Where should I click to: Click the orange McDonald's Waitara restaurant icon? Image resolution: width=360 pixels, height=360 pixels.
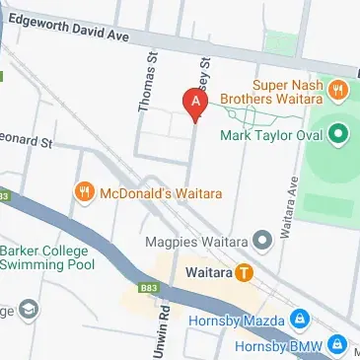pos(84,190)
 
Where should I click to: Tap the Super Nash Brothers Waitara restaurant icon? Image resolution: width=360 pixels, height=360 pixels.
pos(338,91)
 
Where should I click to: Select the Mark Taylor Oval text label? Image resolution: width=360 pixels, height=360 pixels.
pos(273,134)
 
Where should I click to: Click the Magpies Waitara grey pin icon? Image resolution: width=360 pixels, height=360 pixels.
pos(261,239)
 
